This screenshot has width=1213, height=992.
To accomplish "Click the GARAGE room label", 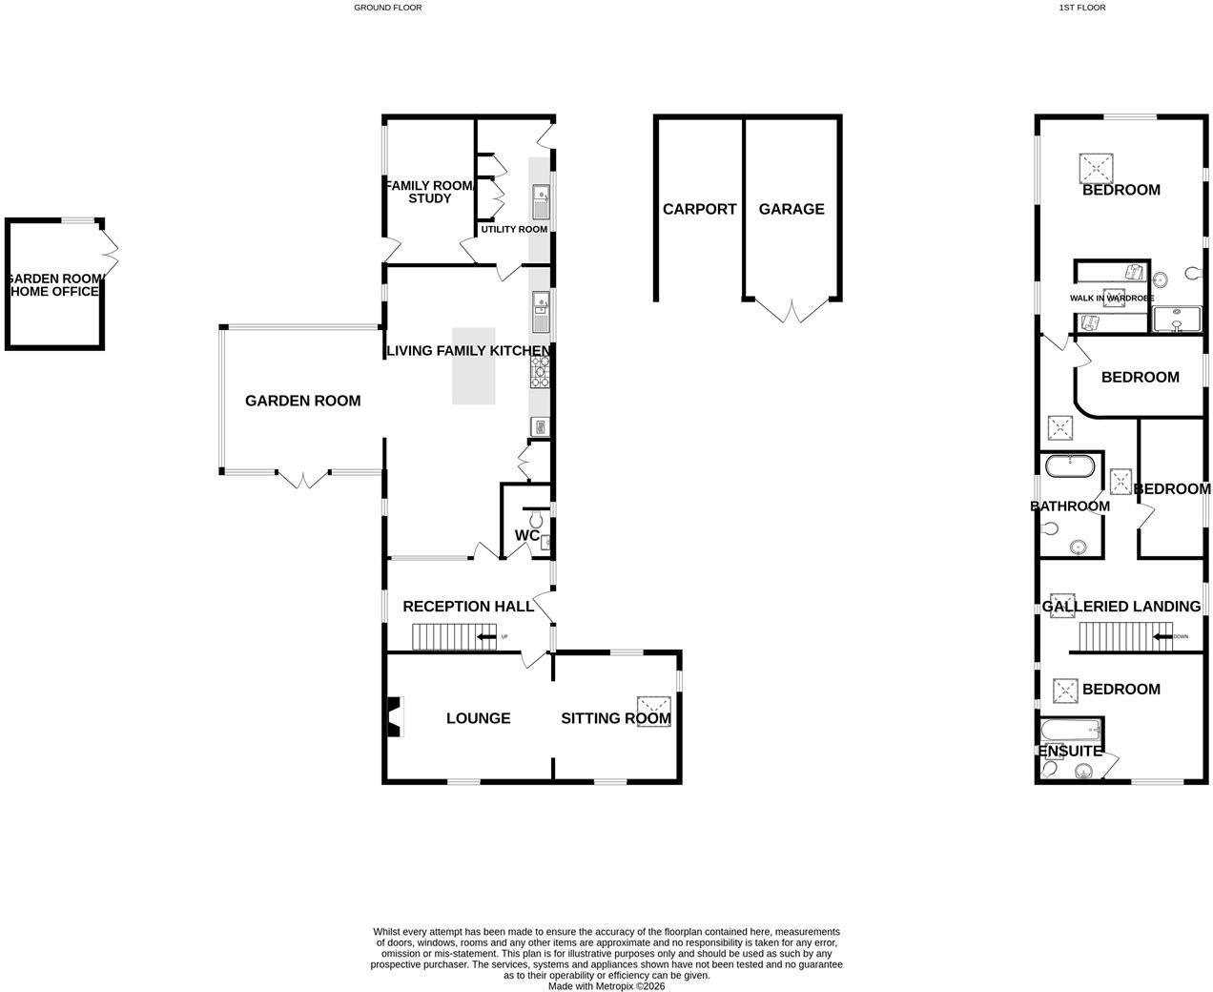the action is pos(791,209).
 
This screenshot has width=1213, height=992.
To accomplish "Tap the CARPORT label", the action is pos(699,209).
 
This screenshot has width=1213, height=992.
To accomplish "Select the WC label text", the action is pos(526,535).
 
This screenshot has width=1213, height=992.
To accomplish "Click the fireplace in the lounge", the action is pos(395,716).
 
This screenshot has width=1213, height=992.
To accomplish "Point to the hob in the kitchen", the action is pos(540,372).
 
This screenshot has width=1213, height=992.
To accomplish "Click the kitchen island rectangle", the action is pos(473,366).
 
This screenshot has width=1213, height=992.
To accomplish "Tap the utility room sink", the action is pos(541,202).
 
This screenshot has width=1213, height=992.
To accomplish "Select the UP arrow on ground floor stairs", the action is pos(486,637).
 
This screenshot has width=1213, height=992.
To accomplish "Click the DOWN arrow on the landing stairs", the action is pos(1163,637).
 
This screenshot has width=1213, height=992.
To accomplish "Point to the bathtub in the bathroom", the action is pos(1070,466).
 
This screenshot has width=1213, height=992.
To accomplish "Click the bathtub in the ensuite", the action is pos(1071,731).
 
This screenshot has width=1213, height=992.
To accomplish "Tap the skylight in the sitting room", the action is pos(654,712).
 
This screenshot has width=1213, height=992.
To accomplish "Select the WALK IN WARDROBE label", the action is pos(1112,298).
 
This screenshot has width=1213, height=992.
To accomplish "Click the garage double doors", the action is pos(792,311).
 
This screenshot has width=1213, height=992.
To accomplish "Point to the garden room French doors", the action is pos(303,480).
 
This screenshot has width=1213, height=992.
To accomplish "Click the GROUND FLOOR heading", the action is pos(388,8).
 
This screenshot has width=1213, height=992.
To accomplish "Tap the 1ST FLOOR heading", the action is pos(1082,8).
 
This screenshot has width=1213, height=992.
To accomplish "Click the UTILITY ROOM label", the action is pos(514,229).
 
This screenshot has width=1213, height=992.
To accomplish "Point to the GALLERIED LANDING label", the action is pos(1120,607).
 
